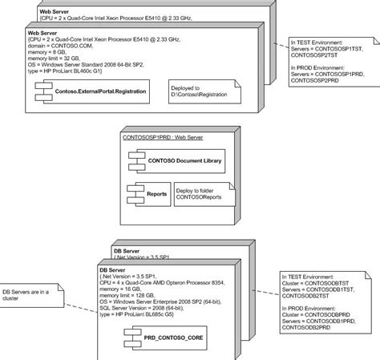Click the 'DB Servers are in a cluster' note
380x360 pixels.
coord(32,297)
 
